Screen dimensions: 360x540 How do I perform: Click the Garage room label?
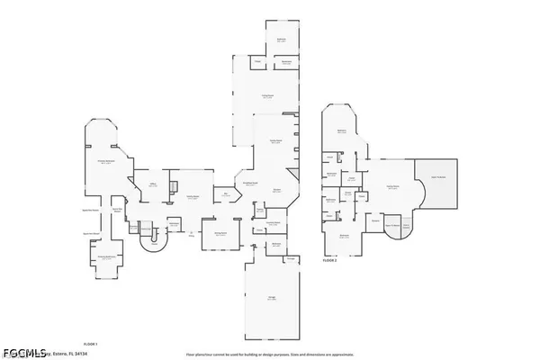click(272, 301)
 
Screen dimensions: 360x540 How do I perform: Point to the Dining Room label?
click(219, 234)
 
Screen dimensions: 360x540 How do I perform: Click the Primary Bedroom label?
click(105, 163)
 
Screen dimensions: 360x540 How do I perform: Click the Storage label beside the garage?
click(290, 259)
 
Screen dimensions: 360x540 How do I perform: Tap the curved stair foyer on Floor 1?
click(152, 238)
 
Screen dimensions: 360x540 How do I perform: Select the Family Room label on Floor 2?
click(392, 186)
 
